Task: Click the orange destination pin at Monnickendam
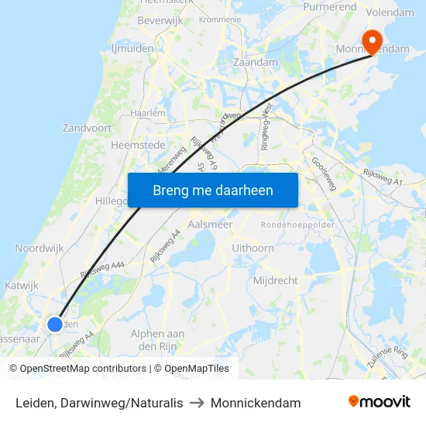point(373,41)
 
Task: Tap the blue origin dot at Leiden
point(55,325)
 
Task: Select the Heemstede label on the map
point(138,145)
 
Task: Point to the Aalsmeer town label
point(210,225)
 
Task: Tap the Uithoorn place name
point(253,248)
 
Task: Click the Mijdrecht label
point(275,280)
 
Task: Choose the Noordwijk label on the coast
point(38,249)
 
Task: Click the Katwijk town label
point(22,286)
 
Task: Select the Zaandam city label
point(255,62)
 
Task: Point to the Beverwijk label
point(159,21)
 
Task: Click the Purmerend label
point(331,7)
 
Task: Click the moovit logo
point(379,402)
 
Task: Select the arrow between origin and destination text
point(197,403)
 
